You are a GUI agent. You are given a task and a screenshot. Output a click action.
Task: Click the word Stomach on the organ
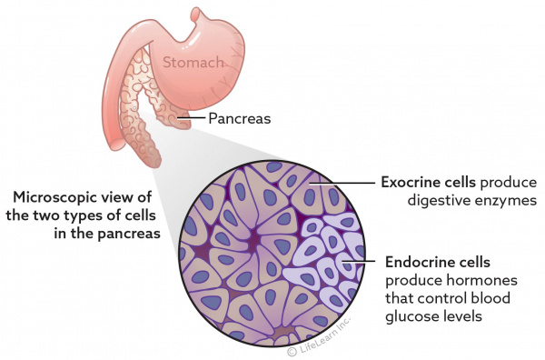pyautogui.click(x=192, y=63)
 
